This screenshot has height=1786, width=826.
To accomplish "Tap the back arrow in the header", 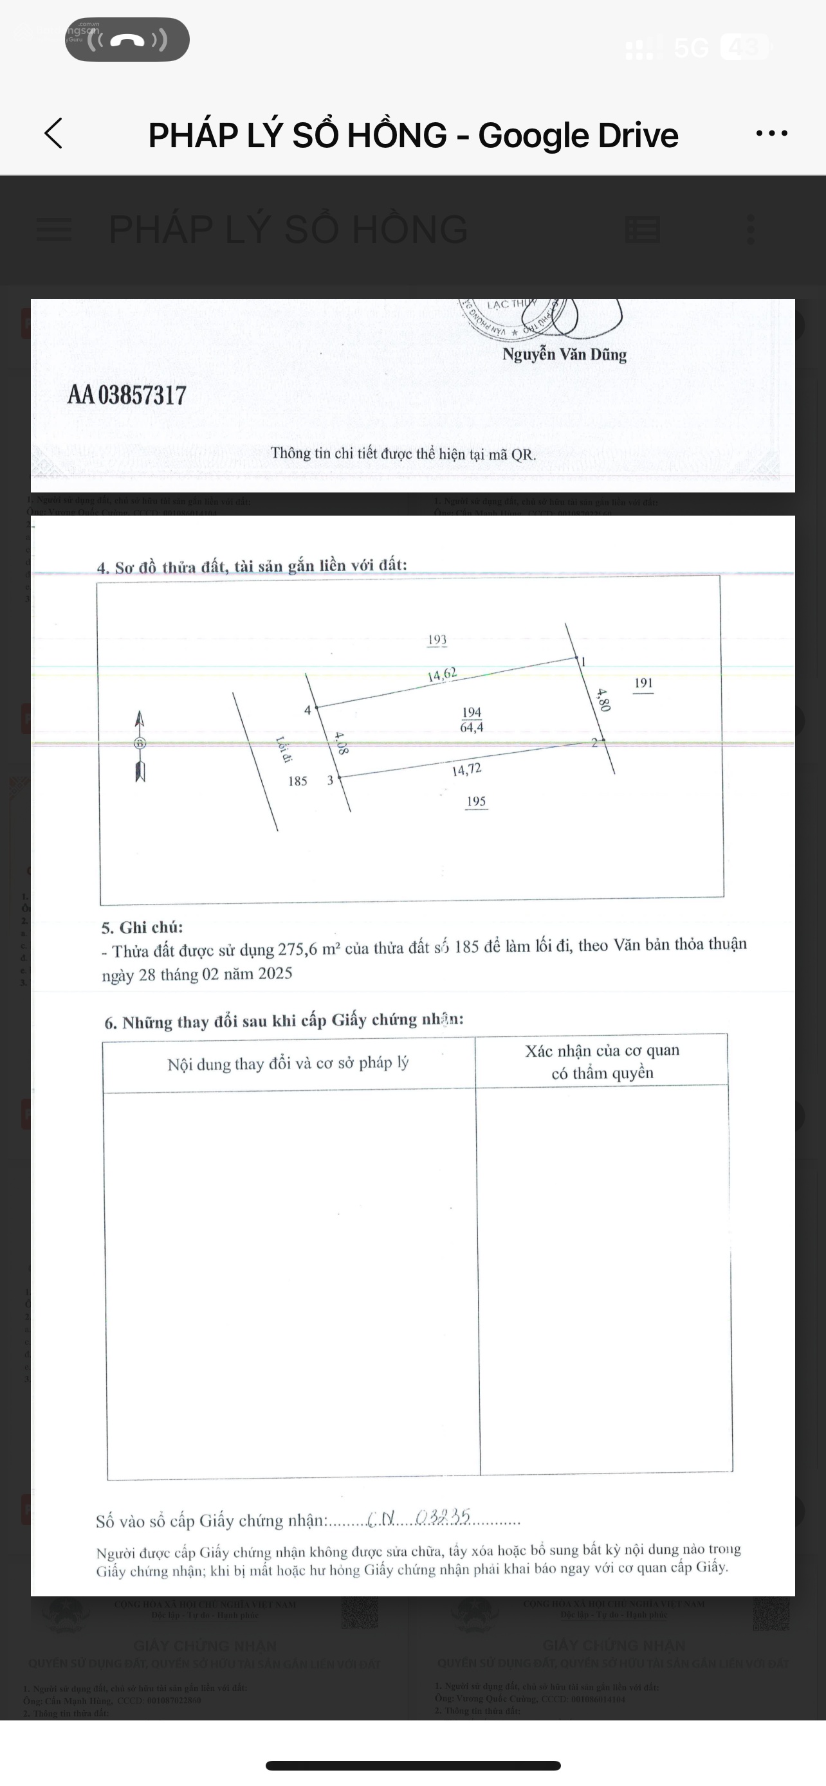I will point(53,133).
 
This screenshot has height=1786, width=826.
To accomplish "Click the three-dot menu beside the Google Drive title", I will point(771,133).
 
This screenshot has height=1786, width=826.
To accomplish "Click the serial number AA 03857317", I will point(127,395).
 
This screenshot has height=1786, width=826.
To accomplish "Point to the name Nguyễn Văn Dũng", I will point(564,354).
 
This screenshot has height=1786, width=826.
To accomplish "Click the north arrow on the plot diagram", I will point(140,746).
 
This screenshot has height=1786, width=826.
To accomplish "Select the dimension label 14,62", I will point(442,674).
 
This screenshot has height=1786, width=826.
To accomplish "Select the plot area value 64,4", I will point(472,727).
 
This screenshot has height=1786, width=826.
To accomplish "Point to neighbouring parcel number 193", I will point(437,640).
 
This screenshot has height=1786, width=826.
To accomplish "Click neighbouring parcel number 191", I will point(643,683).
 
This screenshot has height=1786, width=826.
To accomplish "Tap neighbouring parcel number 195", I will point(476,802).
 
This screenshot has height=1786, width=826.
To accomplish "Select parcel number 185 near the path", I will point(297,781).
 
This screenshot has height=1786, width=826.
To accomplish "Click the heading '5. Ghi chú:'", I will point(142,928).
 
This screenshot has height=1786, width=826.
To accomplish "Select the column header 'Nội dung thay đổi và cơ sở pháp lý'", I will point(288,1063).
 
